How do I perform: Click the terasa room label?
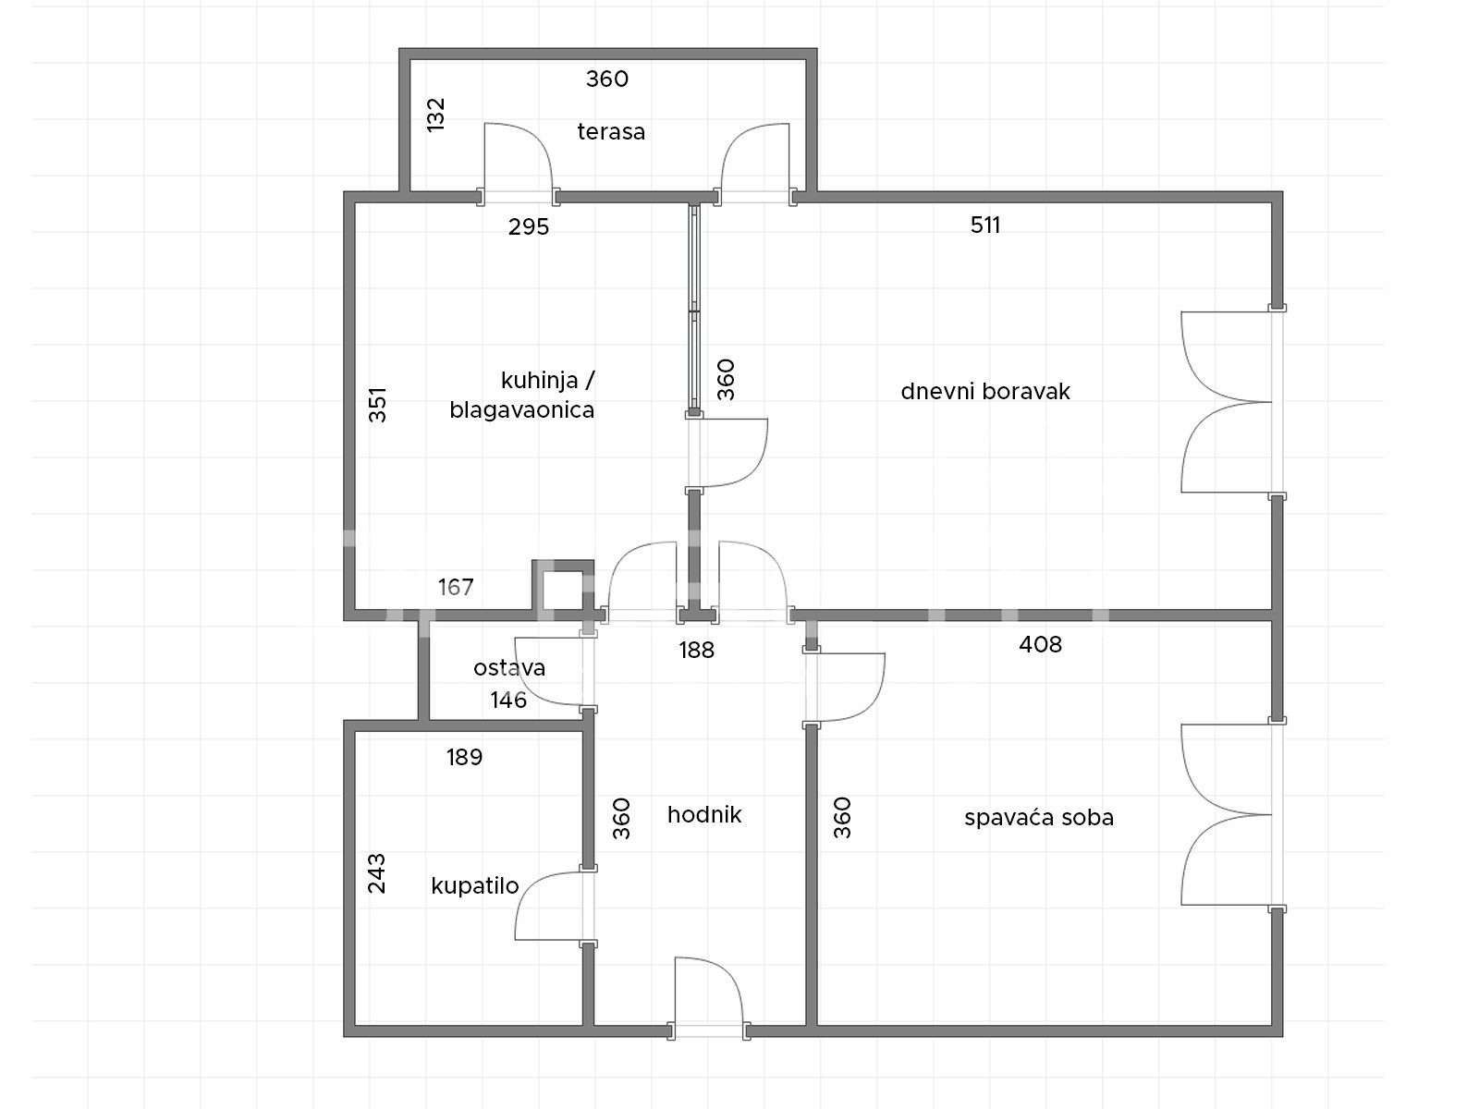click(x=611, y=131)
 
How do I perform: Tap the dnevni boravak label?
click(x=985, y=391)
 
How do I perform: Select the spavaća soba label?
click(x=1038, y=818)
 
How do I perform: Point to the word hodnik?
click(x=704, y=815)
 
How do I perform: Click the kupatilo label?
click(x=475, y=886)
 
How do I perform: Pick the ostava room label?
click(x=508, y=668)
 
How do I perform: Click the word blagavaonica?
click(x=521, y=410)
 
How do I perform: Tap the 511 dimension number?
click(x=985, y=225)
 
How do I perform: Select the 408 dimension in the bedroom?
click(x=1040, y=644)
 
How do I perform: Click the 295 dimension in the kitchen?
click(x=528, y=227)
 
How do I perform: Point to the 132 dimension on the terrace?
click(x=436, y=115)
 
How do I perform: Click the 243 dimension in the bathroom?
click(x=376, y=873)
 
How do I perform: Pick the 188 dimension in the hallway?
click(x=697, y=650)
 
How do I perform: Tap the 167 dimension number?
click(x=456, y=587)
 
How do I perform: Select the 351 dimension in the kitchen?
click(x=378, y=404)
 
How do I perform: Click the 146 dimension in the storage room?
click(x=508, y=701)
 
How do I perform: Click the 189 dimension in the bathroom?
click(x=464, y=758)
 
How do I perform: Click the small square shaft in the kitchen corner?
click(x=563, y=584)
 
